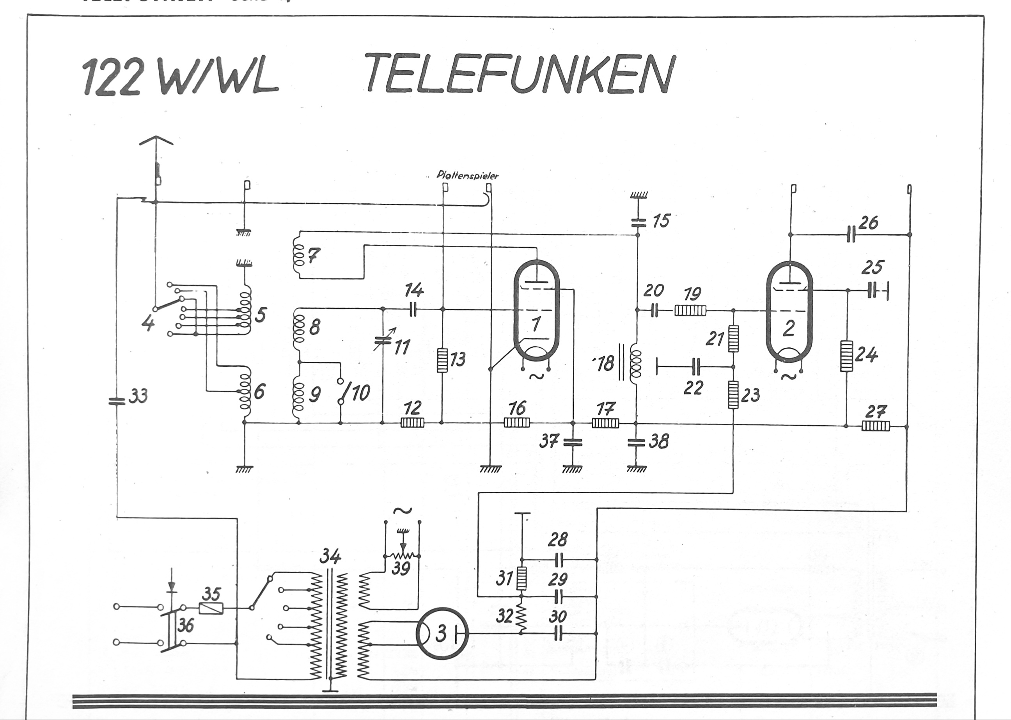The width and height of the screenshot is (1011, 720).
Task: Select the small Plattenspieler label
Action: [x=467, y=175]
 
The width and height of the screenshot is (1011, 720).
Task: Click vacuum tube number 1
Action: [x=536, y=317]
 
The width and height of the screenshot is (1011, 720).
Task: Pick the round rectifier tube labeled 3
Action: [x=441, y=633]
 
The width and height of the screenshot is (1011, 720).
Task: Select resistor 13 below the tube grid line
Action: [x=442, y=360]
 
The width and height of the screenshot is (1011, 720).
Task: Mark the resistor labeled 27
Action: [x=875, y=426]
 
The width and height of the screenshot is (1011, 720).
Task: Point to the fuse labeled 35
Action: [x=211, y=608]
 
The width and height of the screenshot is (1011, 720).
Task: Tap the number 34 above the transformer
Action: [x=330, y=556]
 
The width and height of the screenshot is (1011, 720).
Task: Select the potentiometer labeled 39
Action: [x=402, y=556]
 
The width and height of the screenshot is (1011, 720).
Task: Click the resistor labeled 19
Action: [x=690, y=310]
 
